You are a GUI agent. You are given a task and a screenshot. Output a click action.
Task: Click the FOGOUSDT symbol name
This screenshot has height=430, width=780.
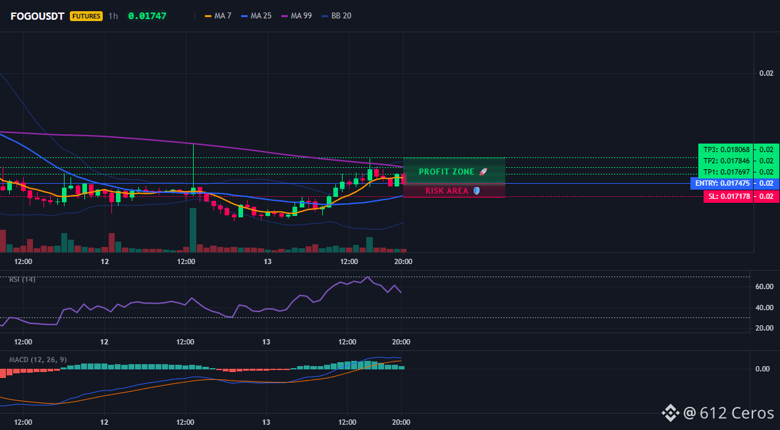[38, 16]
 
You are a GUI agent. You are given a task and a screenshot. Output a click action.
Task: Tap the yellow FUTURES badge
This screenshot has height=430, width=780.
[86, 16]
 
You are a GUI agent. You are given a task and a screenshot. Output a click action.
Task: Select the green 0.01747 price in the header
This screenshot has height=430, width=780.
[148, 16]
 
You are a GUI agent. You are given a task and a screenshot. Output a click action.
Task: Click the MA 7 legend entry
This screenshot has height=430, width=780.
[218, 16]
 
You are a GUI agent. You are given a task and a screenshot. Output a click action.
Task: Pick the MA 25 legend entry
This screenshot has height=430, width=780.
[256, 16]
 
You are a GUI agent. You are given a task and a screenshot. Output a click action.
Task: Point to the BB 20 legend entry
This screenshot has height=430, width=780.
[336, 16]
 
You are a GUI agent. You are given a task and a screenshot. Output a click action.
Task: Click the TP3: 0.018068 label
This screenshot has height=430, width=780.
[726, 149]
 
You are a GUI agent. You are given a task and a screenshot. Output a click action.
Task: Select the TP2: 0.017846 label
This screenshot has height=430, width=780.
[726, 161]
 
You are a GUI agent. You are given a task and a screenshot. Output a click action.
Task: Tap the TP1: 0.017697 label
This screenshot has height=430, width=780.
[726, 172]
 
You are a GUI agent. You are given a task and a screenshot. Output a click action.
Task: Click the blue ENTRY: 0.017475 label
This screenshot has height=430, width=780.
[722, 184]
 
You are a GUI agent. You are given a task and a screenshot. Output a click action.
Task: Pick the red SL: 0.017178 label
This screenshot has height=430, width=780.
[728, 196]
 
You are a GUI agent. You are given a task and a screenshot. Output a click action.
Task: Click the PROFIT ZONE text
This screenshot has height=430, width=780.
[447, 171]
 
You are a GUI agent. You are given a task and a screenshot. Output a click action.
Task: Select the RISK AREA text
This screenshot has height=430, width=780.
[447, 191]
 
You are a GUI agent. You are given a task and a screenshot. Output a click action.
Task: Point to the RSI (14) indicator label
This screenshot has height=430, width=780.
[22, 279]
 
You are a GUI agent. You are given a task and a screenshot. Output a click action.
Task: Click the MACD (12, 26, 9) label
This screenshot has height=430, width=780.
[38, 360]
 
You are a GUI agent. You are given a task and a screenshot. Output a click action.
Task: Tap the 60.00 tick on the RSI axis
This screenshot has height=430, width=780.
[764, 286]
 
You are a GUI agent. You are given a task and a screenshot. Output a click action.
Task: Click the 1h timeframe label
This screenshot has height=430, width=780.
[113, 16]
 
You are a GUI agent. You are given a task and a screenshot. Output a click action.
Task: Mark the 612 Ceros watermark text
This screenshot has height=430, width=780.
[737, 413]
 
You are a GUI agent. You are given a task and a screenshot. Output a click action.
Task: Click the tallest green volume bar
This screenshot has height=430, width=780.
[192, 230]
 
